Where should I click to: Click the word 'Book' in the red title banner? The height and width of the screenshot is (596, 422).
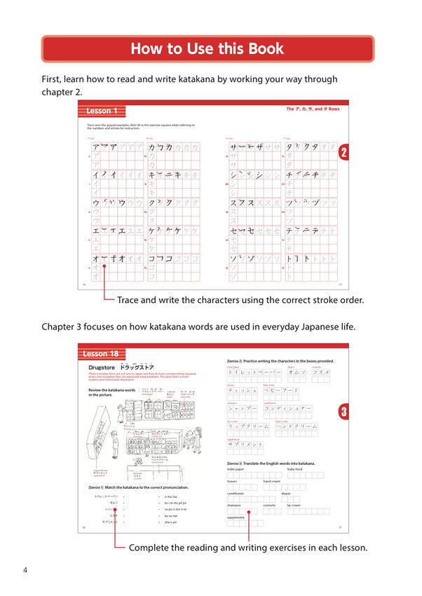[x=261, y=48]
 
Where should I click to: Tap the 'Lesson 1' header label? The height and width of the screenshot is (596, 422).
[x=103, y=111]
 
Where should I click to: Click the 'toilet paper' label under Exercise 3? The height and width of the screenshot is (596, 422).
[x=236, y=469]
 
